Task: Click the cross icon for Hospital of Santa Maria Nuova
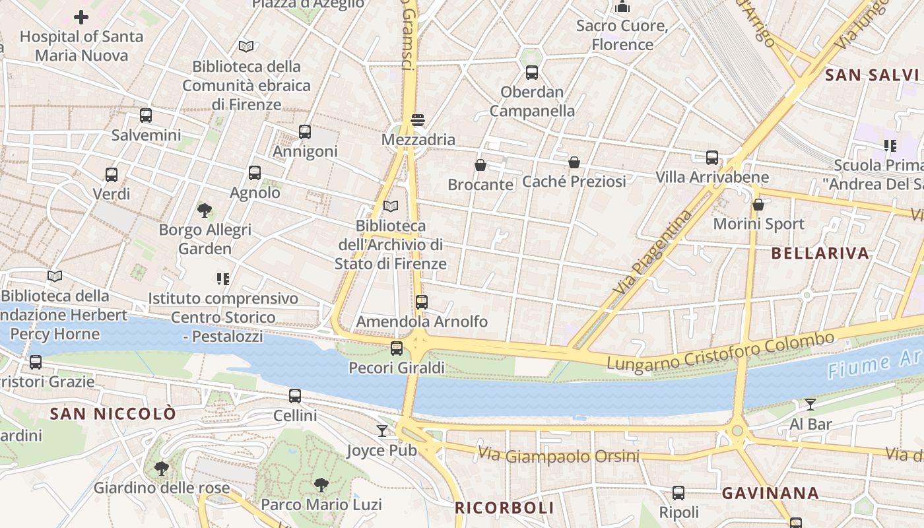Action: (81, 17)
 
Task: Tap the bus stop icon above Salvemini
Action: (146, 115)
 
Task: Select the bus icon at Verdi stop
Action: (112, 175)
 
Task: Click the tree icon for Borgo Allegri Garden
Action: (205, 211)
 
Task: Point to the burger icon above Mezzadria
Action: (417, 120)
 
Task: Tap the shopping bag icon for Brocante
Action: (480, 165)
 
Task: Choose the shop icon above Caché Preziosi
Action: (574, 162)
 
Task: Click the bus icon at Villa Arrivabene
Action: (712, 158)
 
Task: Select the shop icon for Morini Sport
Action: (758, 205)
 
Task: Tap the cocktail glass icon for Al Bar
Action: (810, 405)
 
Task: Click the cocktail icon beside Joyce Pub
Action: (382, 431)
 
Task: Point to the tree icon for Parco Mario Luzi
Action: (321, 485)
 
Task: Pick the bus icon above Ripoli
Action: (678, 493)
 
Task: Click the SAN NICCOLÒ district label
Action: (114, 414)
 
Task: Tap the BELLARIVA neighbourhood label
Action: (820, 253)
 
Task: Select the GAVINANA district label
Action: (770, 493)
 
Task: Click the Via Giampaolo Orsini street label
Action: (558, 455)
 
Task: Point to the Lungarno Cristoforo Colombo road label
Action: (720, 352)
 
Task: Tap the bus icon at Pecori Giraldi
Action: (397, 348)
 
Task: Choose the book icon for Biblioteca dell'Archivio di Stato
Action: (391, 207)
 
